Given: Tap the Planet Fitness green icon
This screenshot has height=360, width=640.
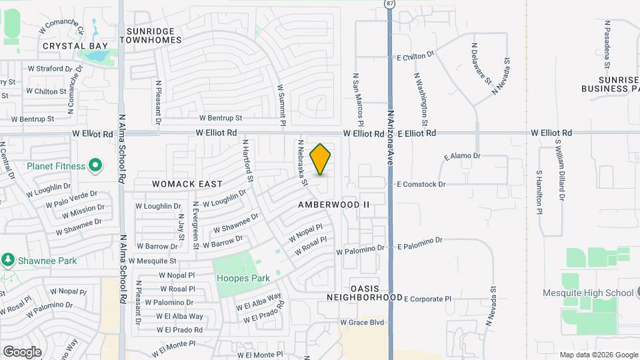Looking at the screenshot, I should click(95, 165).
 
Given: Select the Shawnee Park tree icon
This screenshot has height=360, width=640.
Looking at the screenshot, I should click(7, 259).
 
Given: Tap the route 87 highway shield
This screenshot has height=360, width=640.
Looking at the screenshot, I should click(389, 4).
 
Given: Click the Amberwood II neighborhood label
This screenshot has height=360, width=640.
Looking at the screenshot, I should click(333, 205).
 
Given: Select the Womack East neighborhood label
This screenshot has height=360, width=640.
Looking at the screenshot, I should click(177, 183).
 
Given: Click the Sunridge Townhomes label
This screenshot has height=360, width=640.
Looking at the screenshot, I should click(151, 35).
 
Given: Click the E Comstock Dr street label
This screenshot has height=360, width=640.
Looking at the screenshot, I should click(421, 184).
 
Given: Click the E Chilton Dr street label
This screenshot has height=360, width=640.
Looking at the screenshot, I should click(415, 57).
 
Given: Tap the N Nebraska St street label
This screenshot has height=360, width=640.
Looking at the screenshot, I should click(303, 163).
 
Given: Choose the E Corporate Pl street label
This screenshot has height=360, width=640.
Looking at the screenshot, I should click(427, 299).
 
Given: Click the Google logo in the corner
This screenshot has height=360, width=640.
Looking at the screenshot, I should click(22, 351).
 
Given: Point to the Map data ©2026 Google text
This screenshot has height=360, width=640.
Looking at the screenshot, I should click(598, 355).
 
